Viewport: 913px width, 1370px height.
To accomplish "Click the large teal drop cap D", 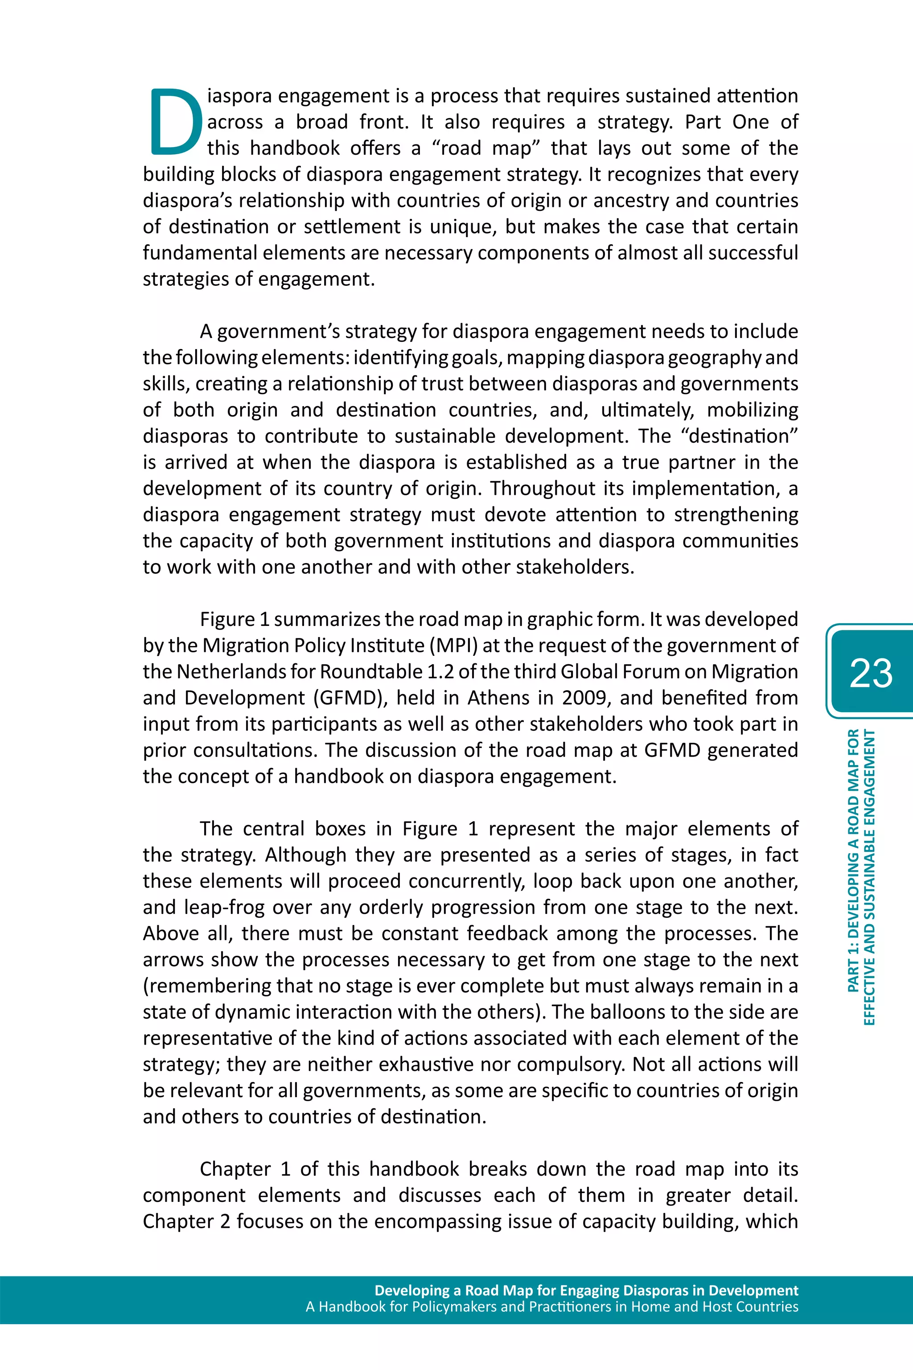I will [x=175, y=122].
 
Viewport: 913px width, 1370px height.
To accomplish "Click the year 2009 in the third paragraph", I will [x=584, y=698].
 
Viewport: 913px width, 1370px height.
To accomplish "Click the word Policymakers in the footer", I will [x=453, y=1307].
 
